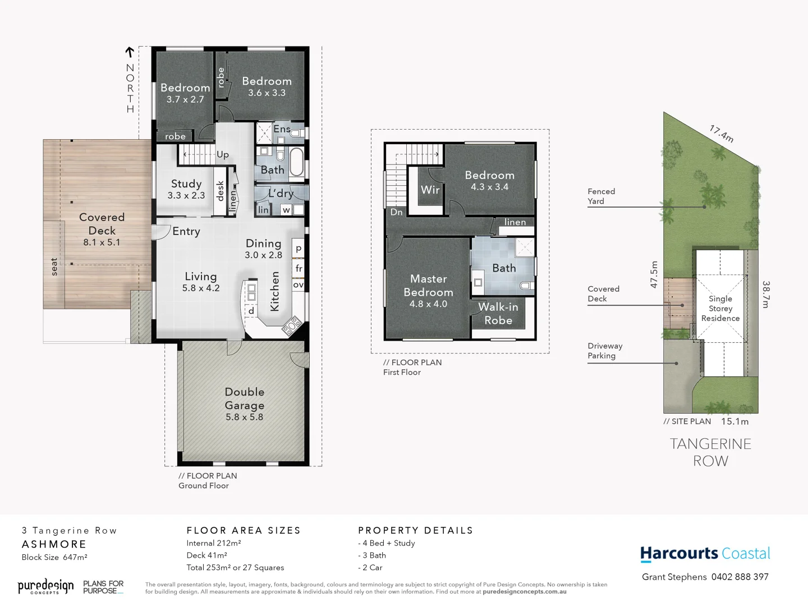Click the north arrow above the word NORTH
[x=130, y=52]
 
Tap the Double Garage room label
[x=244, y=399]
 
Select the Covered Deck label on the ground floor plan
[x=102, y=224]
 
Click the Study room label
[x=186, y=184]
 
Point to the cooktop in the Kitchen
[x=292, y=325]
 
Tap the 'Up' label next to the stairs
[x=223, y=155]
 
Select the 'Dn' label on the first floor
[x=396, y=212]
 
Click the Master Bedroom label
[x=428, y=286]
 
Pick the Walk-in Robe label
[x=498, y=314]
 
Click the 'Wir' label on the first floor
[x=430, y=190]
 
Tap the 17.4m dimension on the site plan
[x=721, y=134]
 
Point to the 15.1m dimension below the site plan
[x=734, y=421]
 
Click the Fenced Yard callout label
[x=601, y=196]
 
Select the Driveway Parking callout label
[x=605, y=351]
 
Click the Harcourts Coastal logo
[x=705, y=554]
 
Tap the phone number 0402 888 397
[x=740, y=577]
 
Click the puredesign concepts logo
[x=45, y=587]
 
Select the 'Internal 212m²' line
[x=214, y=543]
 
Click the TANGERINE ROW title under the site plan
[x=710, y=452]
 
